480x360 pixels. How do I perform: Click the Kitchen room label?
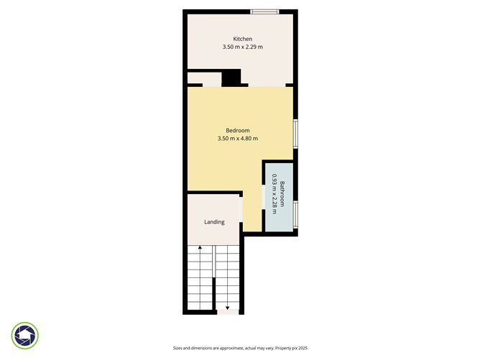(x=242, y=39)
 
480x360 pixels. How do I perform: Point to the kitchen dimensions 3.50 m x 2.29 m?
(x=242, y=47)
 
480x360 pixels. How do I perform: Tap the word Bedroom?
(x=237, y=130)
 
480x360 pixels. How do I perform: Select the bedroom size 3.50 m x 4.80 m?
(x=237, y=139)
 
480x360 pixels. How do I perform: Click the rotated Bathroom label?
(x=283, y=195)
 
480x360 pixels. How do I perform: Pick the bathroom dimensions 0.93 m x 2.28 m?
(x=274, y=195)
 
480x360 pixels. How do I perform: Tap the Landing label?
(x=214, y=222)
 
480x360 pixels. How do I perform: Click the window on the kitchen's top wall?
(x=264, y=11)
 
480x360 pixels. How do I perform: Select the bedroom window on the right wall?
(x=295, y=134)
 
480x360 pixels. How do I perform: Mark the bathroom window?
(x=295, y=214)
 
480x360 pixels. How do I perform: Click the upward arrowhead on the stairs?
(x=200, y=249)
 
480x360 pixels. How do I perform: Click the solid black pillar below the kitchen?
(x=231, y=78)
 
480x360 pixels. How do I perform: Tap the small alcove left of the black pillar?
(x=203, y=78)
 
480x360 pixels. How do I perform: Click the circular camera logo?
(x=25, y=335)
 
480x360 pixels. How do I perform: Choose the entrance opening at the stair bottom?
(x=228, y=313)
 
